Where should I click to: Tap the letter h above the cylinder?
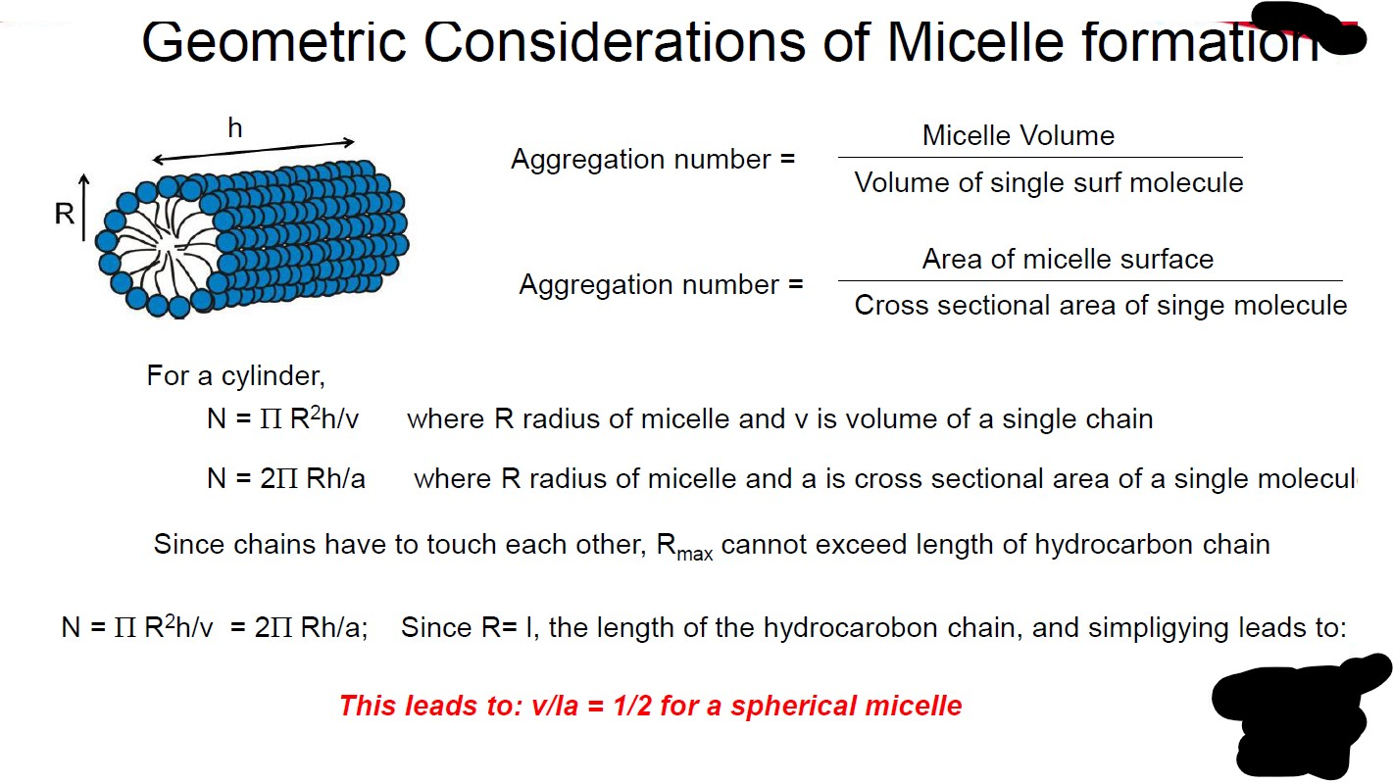pos(234,127)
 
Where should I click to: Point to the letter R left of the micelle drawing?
pos(65,214)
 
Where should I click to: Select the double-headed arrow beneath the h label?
pos(253,150)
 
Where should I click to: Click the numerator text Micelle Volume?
pos(1018,135)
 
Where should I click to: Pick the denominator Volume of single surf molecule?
pos(1048,182)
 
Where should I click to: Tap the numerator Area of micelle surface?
pos(1068,259)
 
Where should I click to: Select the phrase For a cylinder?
pos(235,375)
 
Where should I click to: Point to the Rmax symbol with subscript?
pos(683,547)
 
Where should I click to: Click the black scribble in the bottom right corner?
pos(1294,715)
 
